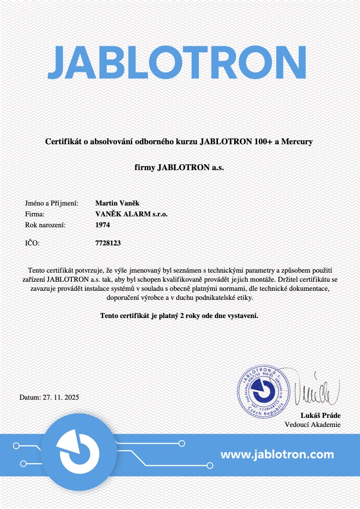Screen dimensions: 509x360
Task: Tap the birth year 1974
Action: [x=103, y=225]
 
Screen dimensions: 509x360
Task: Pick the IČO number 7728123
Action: [x=108, y=243]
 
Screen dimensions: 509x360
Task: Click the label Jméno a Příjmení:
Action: [x=52, y=203]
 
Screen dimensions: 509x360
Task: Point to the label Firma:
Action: [x=35, y=214]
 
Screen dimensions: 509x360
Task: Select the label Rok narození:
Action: [x=45, y=225]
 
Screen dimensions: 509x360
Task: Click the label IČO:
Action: [x=32, y=243]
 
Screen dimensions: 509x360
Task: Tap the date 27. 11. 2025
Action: [x=61, y=397]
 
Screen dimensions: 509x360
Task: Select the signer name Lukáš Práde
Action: [x=321, y=416]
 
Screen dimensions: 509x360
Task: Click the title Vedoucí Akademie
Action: [x=312, y=425]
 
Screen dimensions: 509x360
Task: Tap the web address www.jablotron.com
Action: [x=277, y=454]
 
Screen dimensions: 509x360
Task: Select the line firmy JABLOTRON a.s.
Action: [x=179, y=167]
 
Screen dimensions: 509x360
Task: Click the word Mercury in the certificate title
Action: [x=297, y=142]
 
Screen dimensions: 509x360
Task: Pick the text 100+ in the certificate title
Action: [x=263, y=142]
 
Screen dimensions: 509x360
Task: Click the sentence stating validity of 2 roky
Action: [x=179, y=315]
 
